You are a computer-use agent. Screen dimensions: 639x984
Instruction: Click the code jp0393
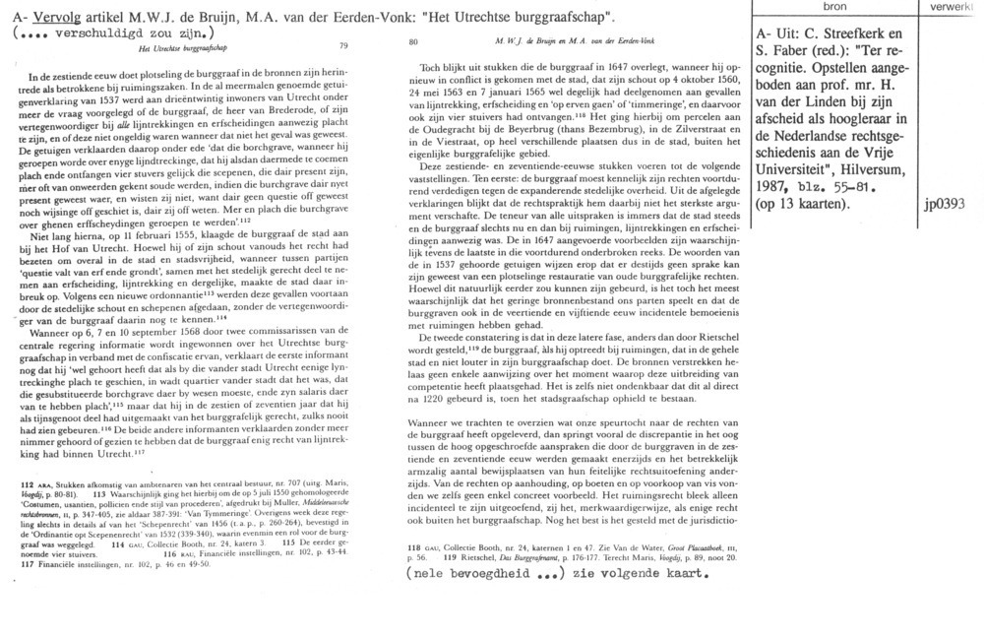pos(944,180)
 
